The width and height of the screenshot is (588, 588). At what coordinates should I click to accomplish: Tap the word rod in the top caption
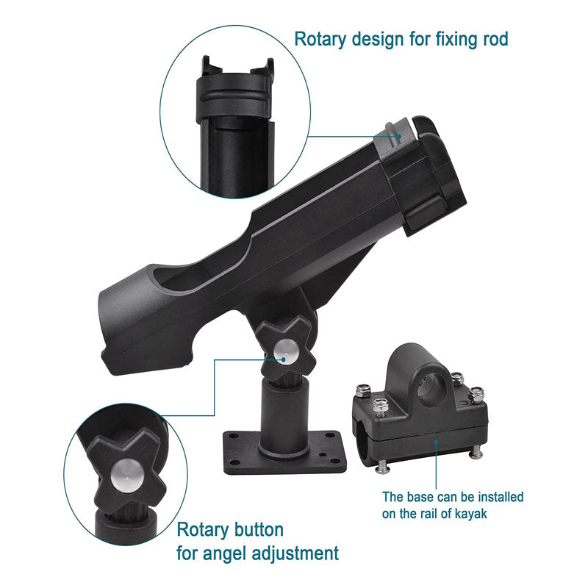pyautogui.click(x=495, y=39)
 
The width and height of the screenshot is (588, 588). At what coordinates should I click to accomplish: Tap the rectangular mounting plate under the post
pyautogui.click(x=284, y=453)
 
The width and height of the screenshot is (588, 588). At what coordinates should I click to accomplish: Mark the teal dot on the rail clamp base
pyautogui.click(x=436, y=442)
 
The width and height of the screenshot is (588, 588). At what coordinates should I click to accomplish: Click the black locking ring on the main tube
pyautogui.click(x=424, y=176)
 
